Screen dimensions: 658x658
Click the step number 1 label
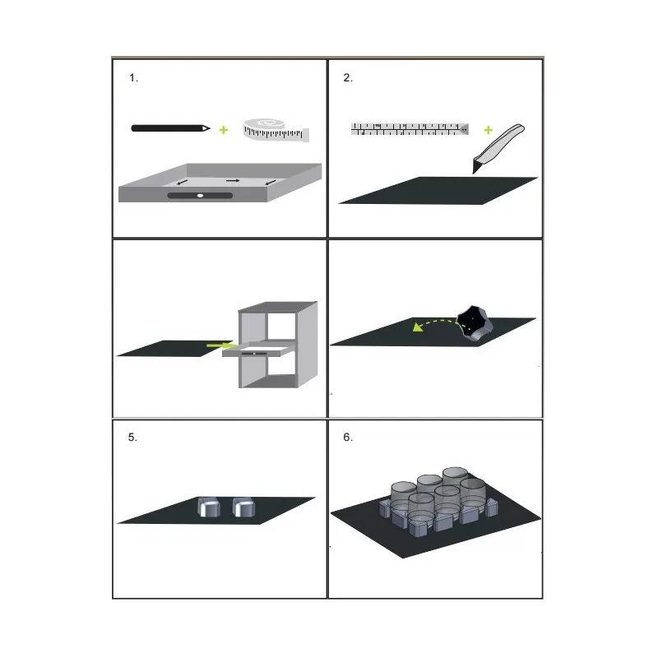[133, 78]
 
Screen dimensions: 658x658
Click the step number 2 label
[348, 78]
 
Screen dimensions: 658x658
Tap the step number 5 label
[132, 438]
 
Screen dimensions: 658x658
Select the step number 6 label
[348, 438]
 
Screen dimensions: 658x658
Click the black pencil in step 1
[170, 128]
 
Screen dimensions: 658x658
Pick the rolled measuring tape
[276, 130]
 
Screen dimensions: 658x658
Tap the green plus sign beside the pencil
[224, 130]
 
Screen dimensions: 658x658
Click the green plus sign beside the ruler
[488, 130]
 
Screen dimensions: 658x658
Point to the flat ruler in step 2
[410, 129]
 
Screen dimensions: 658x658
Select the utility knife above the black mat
[498, 148]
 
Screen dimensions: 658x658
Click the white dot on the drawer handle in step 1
[200, 196]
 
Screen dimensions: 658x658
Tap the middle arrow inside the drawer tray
[233, 180]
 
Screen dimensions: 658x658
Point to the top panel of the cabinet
[278, 307]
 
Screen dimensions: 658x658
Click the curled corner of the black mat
[474, 323]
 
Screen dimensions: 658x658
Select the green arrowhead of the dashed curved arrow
[417, 327]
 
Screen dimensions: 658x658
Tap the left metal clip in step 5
[209, 507]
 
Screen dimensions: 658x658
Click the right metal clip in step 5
[243, 507]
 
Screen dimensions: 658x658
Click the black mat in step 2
[438, 191]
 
